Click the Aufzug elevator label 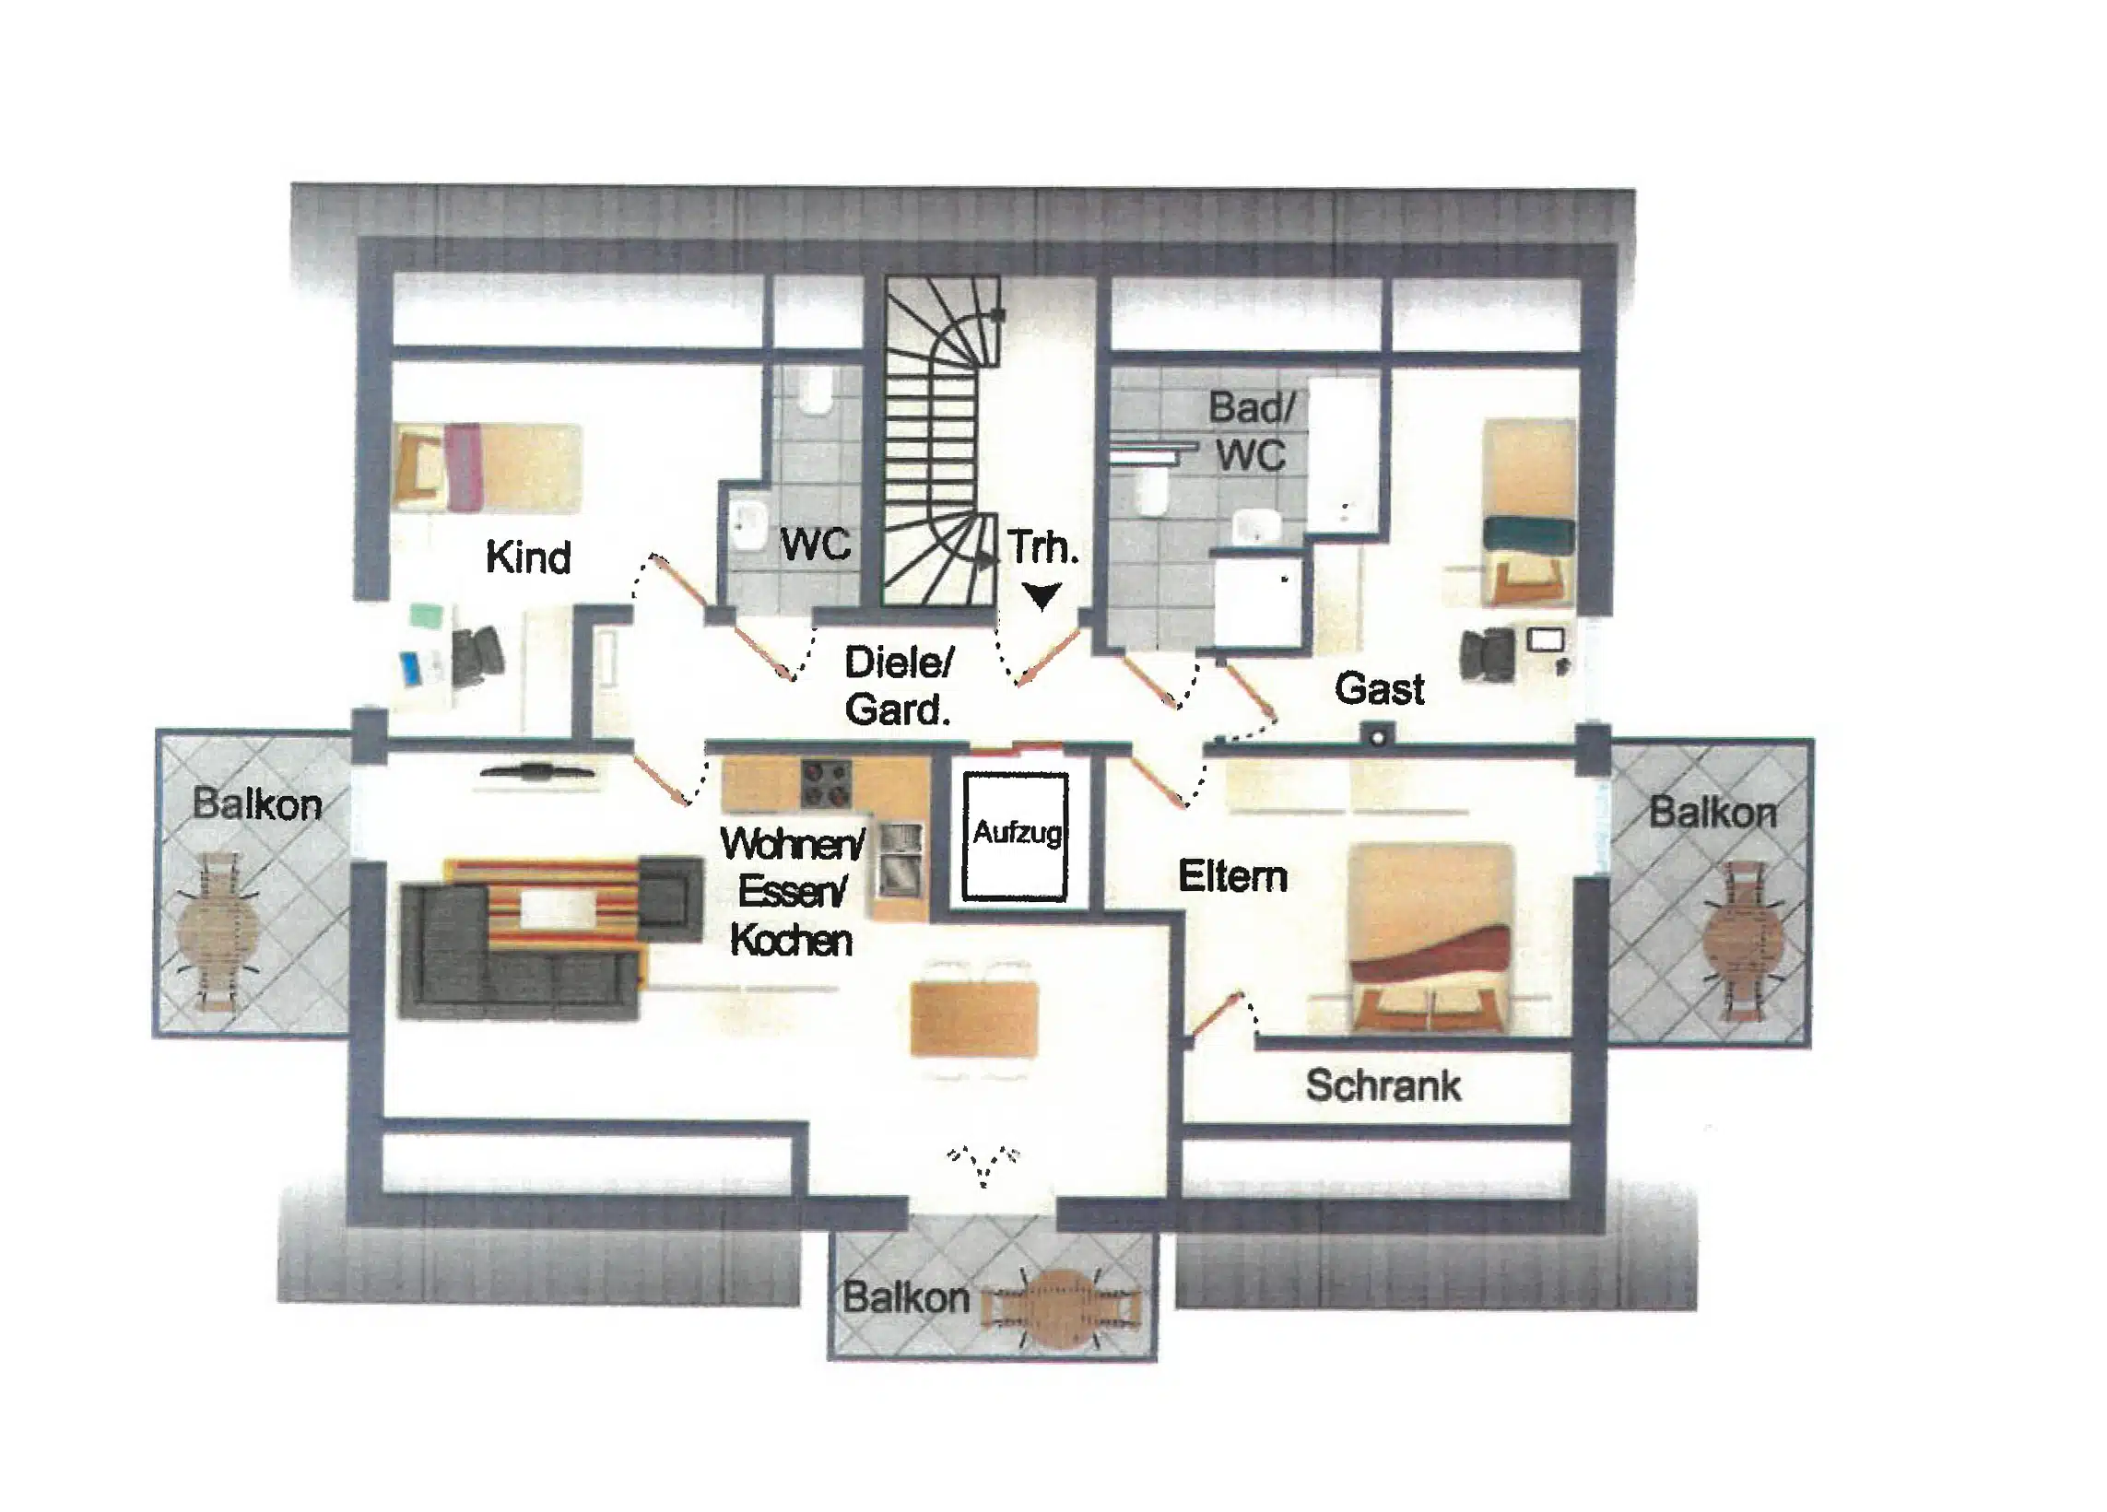(x=1017, y=832)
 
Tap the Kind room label (x=528, y=557)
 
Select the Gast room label (x=1380, y=689)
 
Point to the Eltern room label (x=1233, y=877)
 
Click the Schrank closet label (x=1383, y=1085)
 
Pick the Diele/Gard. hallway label (x=899, y=686)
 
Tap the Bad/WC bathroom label (x=1252, y=431)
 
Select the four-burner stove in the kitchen (x=827, y=784)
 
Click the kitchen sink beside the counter (x=900, y=860)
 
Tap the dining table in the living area (x=973, y=1019)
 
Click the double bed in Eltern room (x=1430, y=937)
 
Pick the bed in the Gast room (x=1529, y=511)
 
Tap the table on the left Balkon (x=219, y=932)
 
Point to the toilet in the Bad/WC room (x=1153, y=489)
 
